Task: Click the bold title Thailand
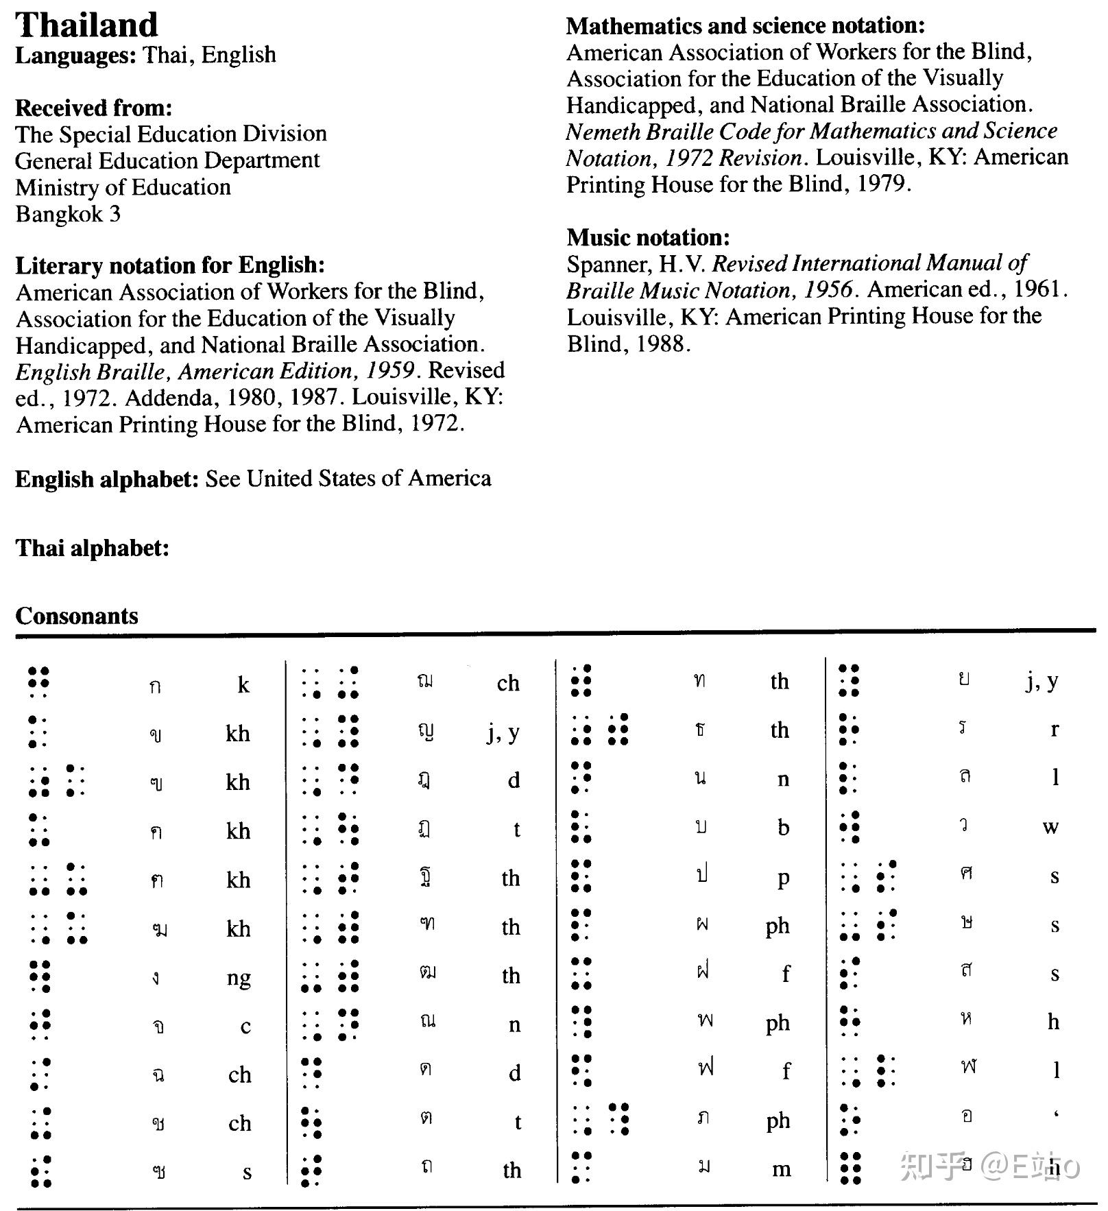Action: (x=86, y=25)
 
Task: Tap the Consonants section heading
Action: (x=77, y=616)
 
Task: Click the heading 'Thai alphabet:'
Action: (x=92, y=548)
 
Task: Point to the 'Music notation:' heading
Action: (x=648, y=237)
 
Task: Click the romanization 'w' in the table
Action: (x=1050, y=827)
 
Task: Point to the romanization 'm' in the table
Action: (x=781, y=1169)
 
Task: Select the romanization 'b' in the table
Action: (x=783, y=828)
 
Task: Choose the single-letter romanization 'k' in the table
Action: (x=243, y=684)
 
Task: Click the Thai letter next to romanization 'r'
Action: (x=963, y=728)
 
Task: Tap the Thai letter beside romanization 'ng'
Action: (x=156, y=978)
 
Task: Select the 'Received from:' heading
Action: (x=93, y=108)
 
